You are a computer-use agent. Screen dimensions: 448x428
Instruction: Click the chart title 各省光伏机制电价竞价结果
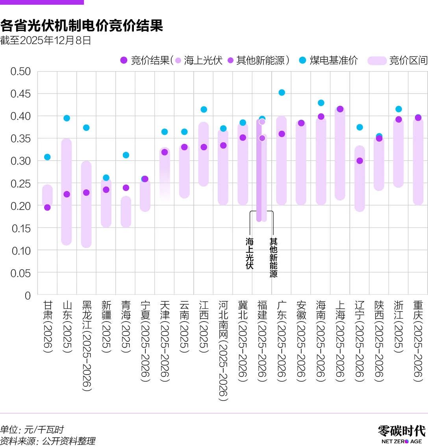(x=82, y=26)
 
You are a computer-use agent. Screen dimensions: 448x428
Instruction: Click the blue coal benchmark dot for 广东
(x=282, y=93)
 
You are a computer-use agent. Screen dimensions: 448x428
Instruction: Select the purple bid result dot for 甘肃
(x=47, y=207)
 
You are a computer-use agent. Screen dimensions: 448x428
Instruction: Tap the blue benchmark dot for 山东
(x=67, y=118)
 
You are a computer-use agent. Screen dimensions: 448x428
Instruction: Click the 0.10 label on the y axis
(x=20, y=251)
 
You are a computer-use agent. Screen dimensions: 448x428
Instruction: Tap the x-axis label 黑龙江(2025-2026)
(x=86, y=346)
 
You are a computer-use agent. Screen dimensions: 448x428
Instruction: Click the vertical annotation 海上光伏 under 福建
(x=250, y=253)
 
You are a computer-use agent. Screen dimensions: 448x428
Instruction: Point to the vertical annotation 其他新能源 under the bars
(x=273, y=258)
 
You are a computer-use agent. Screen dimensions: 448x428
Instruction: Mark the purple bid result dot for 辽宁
(x=359, y=161)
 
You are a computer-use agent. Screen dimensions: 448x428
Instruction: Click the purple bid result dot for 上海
(x=340, y=109)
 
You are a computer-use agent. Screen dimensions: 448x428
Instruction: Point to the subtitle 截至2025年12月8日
(x=46, y=40)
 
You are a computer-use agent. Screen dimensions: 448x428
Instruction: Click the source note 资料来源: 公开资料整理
(x=48, y=441)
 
